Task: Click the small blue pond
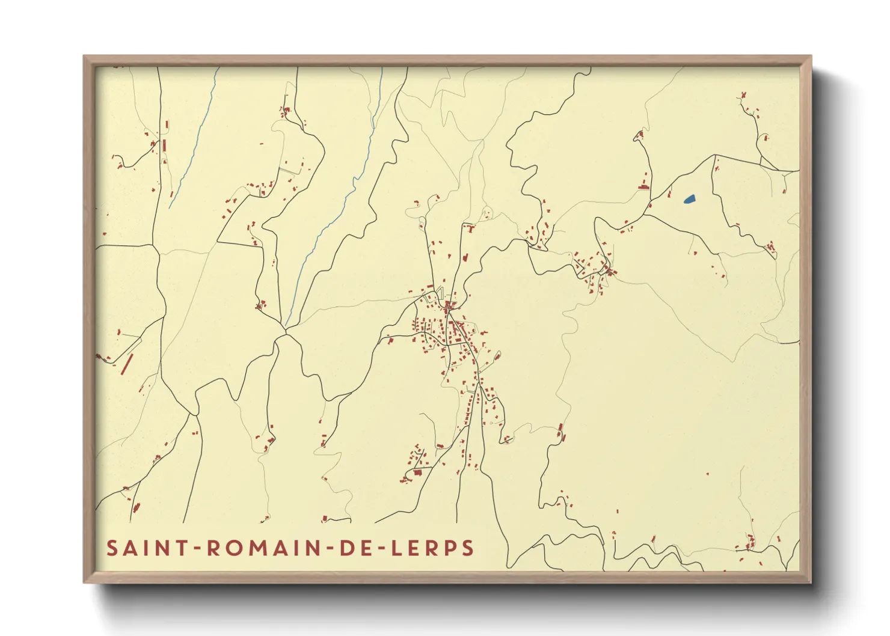(689, 198)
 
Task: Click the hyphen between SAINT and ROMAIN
(197, 548)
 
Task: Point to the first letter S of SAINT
(112, 548)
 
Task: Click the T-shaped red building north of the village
(470, 228)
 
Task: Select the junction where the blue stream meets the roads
(286, 329)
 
